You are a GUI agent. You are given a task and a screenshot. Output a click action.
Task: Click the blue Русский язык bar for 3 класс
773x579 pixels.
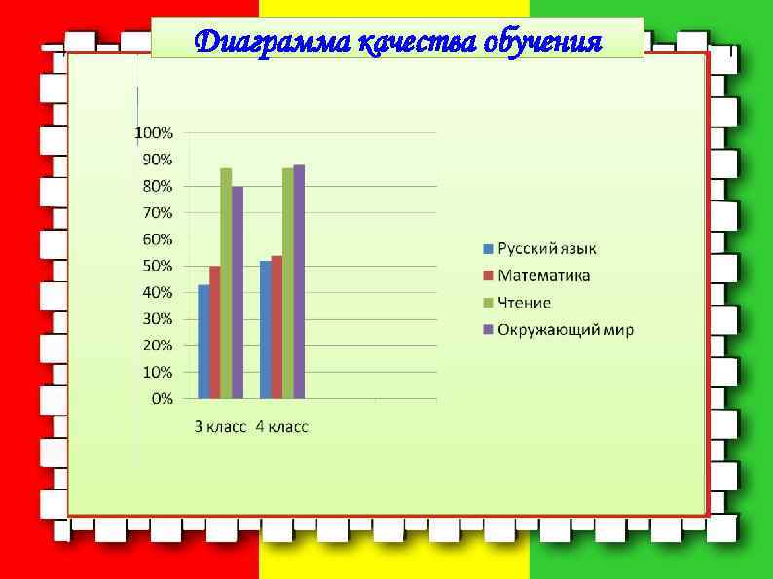[x=203, y=342]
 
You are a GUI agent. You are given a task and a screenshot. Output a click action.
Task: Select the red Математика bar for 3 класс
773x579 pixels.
[x=214, y=332]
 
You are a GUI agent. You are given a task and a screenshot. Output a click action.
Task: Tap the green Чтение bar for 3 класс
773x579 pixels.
[x=226, y=283]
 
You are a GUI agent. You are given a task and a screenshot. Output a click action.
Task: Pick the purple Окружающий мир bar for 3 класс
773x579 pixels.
[x=238, y=292]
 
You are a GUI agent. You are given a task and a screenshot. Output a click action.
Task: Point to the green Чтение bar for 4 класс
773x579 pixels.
[x=288, y=283]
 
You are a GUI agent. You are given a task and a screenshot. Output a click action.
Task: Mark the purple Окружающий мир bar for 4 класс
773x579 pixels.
[x=299, y=281]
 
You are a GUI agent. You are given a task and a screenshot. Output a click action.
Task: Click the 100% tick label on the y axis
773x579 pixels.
[x=154, y=132]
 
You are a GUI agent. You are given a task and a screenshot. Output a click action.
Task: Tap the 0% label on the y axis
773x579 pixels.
[x=161, y=398]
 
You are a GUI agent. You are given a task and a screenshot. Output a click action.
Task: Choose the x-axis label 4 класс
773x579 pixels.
[x=281, y=427]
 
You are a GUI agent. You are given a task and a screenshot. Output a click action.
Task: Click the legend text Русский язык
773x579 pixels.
[x=547, y=249]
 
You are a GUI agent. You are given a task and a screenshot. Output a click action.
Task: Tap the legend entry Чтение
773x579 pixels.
[x=525, y=303]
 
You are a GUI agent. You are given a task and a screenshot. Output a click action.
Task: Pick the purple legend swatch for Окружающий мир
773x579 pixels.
[x=490, y=330]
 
